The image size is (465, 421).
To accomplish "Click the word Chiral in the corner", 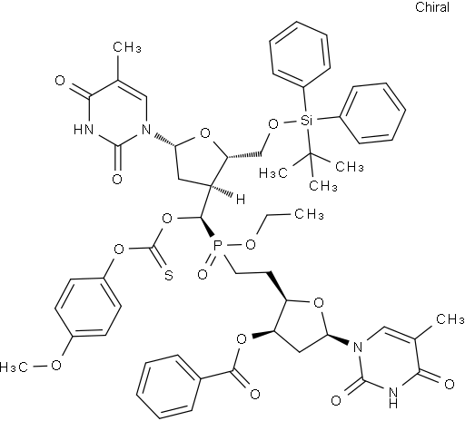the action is pos(432,7).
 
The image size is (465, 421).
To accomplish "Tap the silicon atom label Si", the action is pos(306,121).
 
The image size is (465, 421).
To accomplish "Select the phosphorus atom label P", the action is pos(217,246).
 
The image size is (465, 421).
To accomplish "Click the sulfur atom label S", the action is pos(169,275).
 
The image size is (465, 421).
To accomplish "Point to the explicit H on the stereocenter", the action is pos(241,200).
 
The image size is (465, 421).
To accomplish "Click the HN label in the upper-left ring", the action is pos(84,130).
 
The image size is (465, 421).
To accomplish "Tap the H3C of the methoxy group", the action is pos(14,367).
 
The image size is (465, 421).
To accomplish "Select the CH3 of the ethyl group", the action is pos(309,214).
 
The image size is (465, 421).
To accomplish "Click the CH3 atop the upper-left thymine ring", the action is pos(127,47).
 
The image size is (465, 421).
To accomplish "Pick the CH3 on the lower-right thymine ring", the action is pos(450,319).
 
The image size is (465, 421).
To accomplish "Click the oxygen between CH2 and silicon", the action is pos(273,124).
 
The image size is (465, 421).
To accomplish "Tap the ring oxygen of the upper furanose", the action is pos(205,133).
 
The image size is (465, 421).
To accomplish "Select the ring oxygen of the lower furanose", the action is pos(319,302).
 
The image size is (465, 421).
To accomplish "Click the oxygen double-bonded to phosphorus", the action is pos(203,275).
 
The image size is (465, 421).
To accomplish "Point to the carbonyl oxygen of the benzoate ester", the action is pos(255,394).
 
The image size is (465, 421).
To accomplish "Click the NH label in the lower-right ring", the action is pos(393,397).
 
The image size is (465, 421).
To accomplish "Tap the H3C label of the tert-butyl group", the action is pos(273,173).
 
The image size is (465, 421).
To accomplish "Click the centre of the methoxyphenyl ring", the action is pos(88,308).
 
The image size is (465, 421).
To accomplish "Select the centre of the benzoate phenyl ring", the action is pos(169,387).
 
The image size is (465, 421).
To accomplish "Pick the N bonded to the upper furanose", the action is pos(145,130).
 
